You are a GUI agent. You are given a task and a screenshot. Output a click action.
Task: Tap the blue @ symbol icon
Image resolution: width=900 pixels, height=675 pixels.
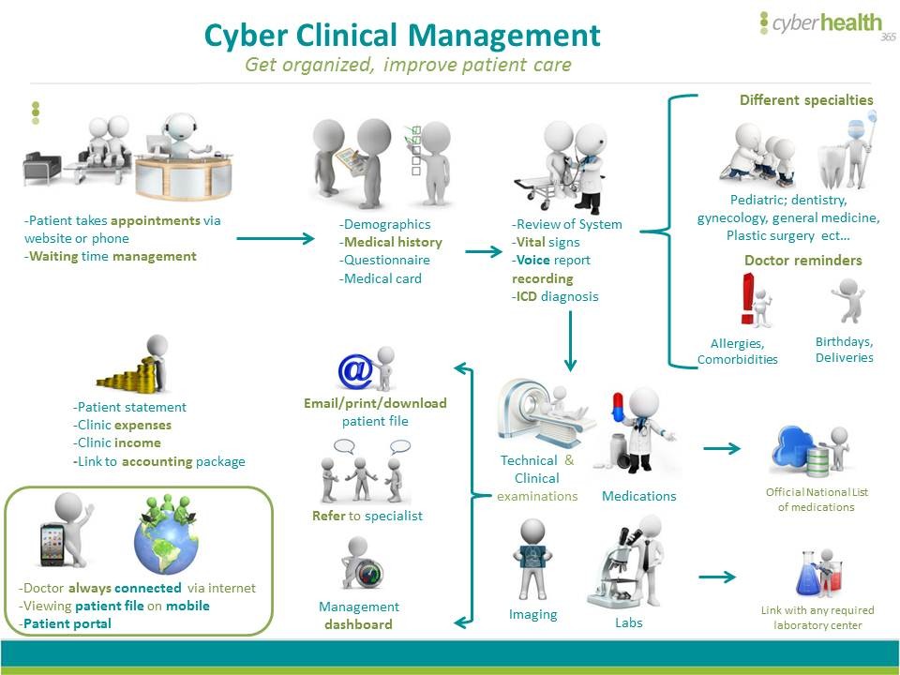pos(356,371)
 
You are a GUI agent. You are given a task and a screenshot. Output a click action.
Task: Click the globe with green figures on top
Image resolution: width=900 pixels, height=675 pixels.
pos(167,542)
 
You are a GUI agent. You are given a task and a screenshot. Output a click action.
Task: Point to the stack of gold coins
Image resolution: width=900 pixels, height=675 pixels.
pos(127,375)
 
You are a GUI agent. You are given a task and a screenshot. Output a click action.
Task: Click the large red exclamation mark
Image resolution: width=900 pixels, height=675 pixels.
pos(747,298)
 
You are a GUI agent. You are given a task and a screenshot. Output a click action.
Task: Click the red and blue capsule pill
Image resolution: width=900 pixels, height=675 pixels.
pos(618,407)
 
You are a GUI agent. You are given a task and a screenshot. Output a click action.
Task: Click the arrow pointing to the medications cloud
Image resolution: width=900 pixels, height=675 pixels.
pos(722,448)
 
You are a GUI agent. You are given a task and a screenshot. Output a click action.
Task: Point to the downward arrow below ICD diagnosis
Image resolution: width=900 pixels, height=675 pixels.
pos(570,341)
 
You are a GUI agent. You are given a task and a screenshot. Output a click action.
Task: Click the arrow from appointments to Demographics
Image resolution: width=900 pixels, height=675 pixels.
pos(276,238)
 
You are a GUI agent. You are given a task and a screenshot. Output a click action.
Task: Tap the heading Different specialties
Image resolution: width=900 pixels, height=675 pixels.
pos(806,100)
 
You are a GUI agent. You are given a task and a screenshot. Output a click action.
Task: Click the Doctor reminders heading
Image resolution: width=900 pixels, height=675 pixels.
pos(803,260)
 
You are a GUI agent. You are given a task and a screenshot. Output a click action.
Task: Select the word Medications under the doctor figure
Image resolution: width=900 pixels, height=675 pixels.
pos(638,496)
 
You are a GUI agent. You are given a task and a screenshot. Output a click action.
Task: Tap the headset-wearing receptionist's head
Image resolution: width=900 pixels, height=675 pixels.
pos(180,127)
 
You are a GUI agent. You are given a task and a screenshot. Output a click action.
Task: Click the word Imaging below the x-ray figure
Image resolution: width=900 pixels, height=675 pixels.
pos(532,615)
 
